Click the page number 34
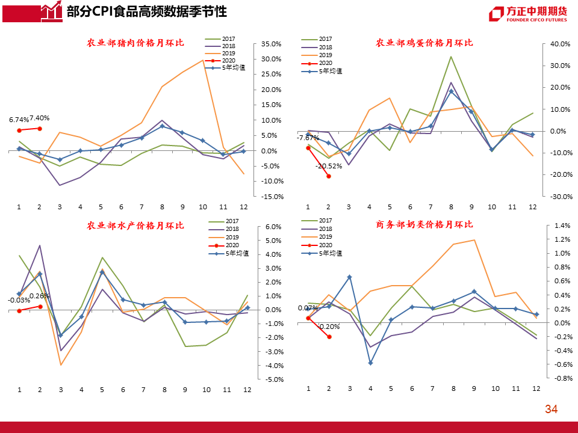[x=551, y=410]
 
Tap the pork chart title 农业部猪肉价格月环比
[x=135, y=43]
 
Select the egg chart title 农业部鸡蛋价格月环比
[x=424, y=43]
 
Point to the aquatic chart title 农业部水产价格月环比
[x=135, y=226]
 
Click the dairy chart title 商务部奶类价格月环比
[x=424, y=224]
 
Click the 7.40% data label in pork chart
[x=39, y=118]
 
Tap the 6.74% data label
[x=19, y=120]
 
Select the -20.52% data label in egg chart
[x=328, y=166]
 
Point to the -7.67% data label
[x=308, y=138]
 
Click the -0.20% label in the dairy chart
[x=328, y=327]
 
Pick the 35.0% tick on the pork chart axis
[x=272, y=44]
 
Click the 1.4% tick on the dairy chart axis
[x=561, y=226]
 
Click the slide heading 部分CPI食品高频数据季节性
[x=147, y=11]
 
